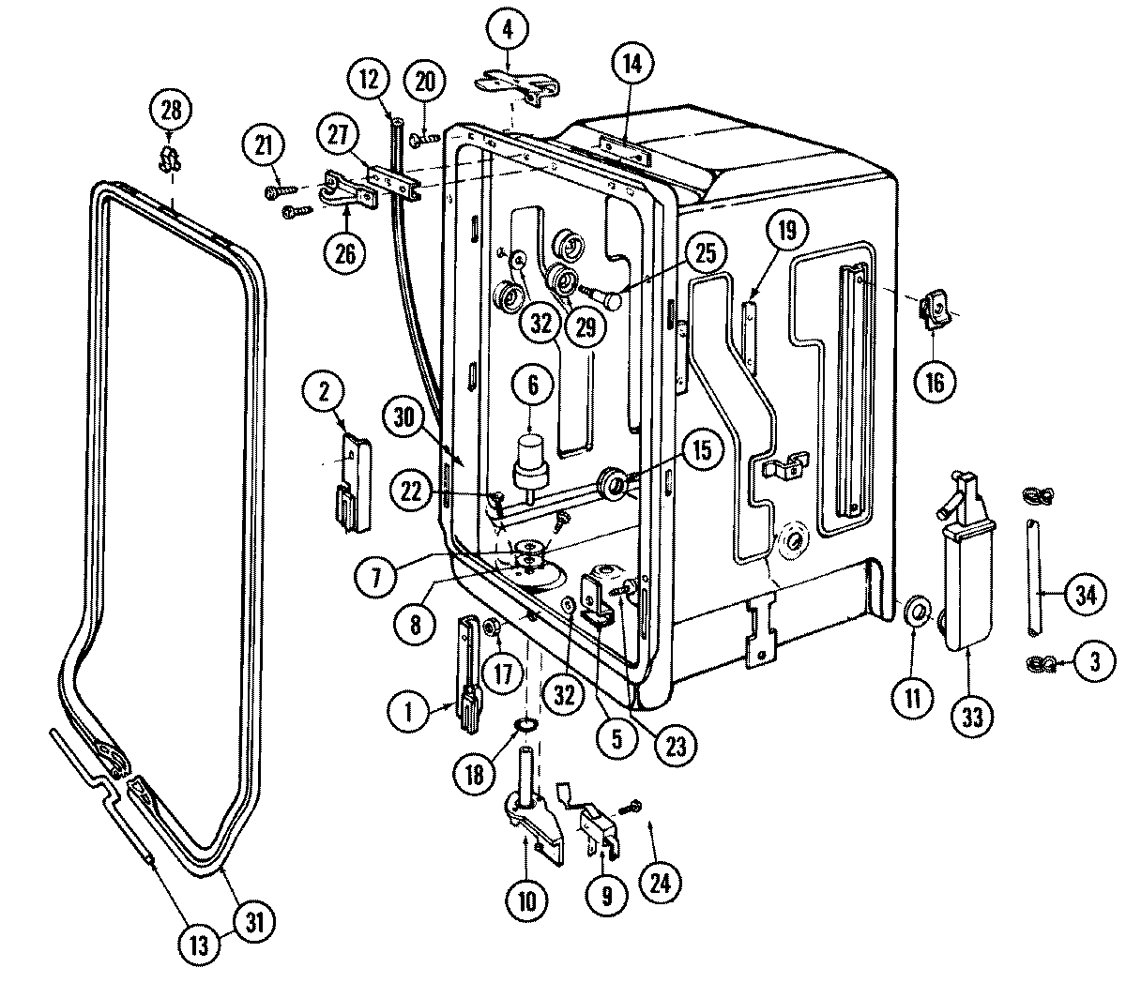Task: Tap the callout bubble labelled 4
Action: pyautogui.click(x=508, y=31)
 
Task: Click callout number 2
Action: pyautogui.click(x=325, y=395)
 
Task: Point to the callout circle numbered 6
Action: pyautogui.click(x=531, y=384)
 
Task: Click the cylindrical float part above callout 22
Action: pyautogui.click(x=531, y=458)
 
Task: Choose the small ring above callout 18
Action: pyautogui.click(x=525, y=725)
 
